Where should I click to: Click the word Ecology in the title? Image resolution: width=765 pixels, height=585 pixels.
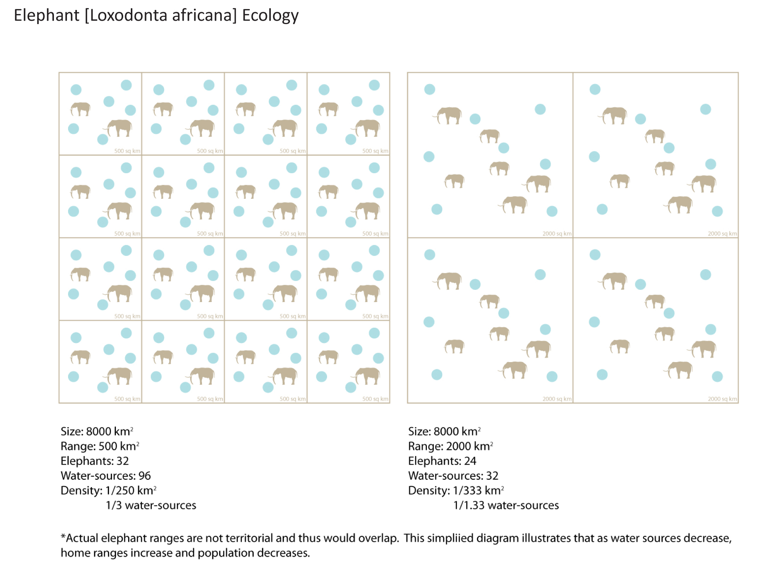(270, 16)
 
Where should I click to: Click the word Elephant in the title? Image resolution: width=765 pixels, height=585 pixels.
(46, 16)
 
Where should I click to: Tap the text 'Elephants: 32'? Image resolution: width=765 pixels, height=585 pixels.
(94, 461)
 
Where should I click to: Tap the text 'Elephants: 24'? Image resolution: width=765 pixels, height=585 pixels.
(442, 461)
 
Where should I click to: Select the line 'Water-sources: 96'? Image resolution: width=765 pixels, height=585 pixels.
(106, 476)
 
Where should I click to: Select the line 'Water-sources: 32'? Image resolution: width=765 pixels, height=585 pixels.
(453, 476)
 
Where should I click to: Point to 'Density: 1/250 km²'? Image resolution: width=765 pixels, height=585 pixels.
(108, 491)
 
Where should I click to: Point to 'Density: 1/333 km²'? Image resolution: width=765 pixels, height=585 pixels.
(456, 491)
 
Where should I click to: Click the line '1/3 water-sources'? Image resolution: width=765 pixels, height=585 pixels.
(151, 505)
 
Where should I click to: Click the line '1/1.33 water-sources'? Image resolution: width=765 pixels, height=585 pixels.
(506, 505)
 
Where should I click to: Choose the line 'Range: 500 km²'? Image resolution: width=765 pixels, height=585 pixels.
(99, 447)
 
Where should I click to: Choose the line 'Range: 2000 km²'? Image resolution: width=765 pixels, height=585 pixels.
(450, 447)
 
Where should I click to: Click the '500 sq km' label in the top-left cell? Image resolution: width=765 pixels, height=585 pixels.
(127, 151)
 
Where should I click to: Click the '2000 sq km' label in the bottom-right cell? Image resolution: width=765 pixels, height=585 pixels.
(722, 399)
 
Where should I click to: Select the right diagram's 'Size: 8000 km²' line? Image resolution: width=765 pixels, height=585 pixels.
(444, 432)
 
